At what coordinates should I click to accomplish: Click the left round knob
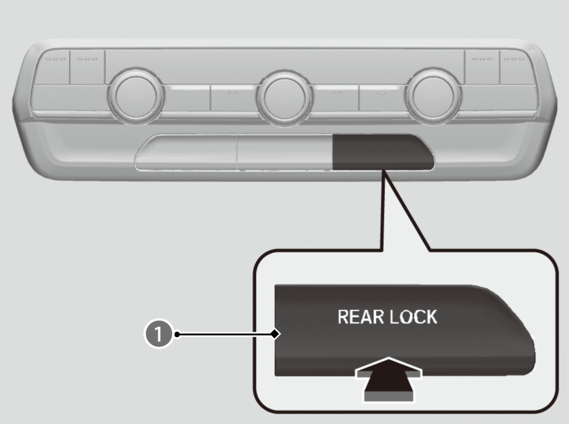pos(136,96)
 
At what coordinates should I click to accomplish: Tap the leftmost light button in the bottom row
pos(187,154)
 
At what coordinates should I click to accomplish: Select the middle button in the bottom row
pos(285,154)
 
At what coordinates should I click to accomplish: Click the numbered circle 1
pos(158,335)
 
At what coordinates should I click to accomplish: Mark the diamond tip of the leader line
pos(276,334)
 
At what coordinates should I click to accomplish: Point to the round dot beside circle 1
pos(177,335)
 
